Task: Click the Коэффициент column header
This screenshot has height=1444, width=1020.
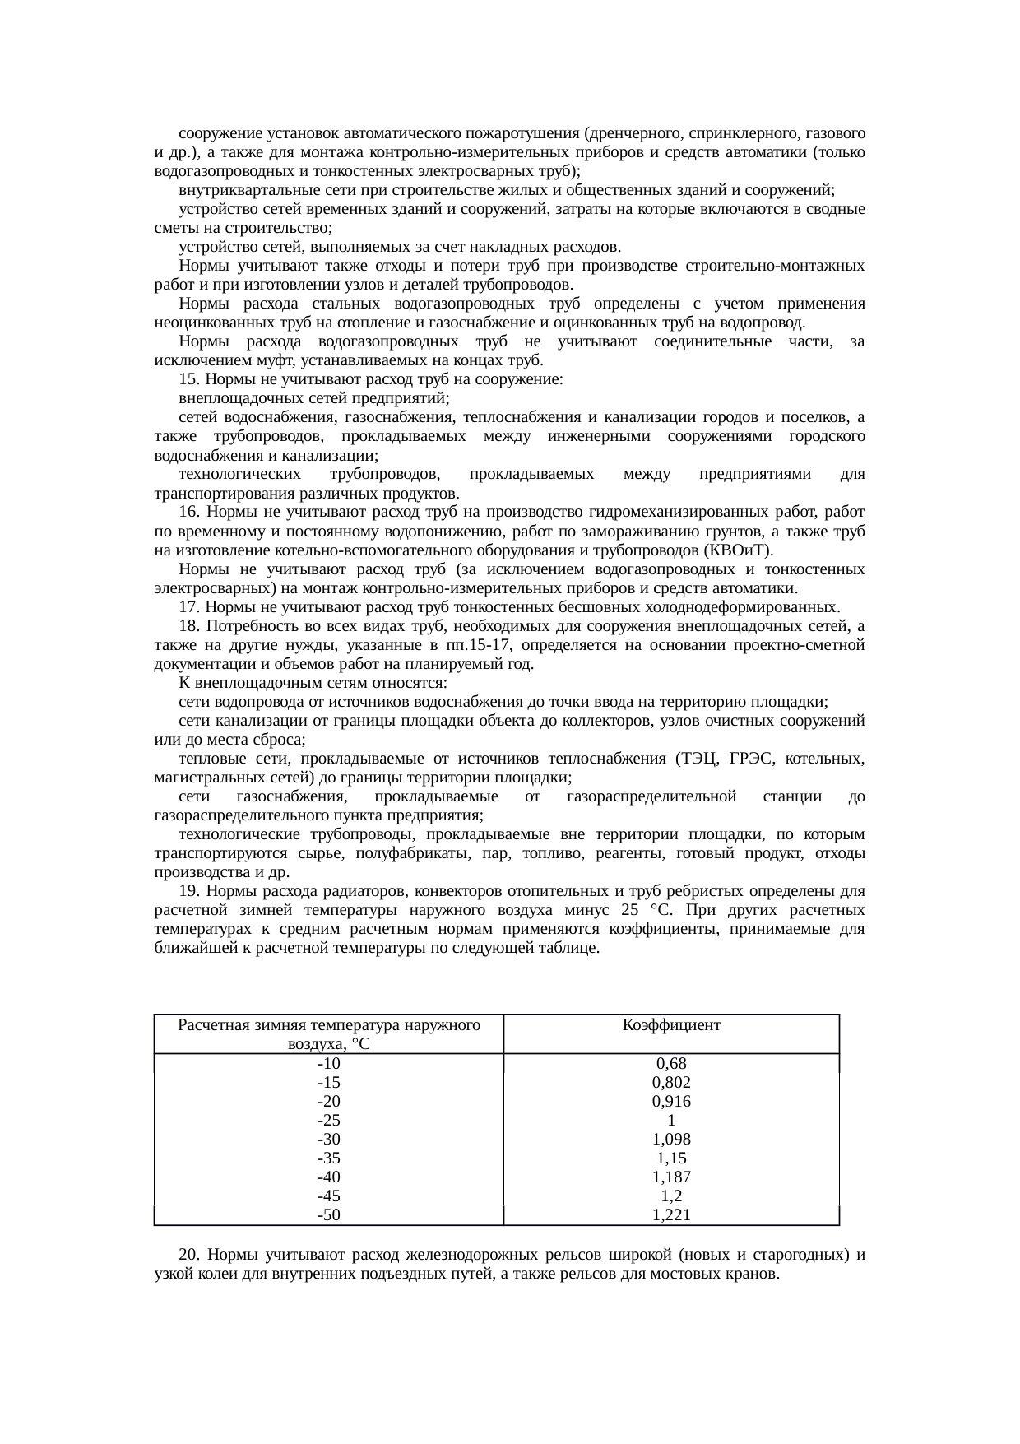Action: pos(671,1025)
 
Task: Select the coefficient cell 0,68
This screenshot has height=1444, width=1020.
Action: pos(671,1063)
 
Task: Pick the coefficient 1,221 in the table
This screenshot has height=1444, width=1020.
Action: pos(671,1215)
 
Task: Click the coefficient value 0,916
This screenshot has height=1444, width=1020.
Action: pos(671,1101)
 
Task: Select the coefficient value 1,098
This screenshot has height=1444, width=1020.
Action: pos(671,1140)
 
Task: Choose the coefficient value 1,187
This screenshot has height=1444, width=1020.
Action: pos(671,1177)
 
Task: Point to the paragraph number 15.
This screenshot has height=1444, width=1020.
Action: pos(188,380)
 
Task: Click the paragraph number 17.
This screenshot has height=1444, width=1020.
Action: pos(188,607)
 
